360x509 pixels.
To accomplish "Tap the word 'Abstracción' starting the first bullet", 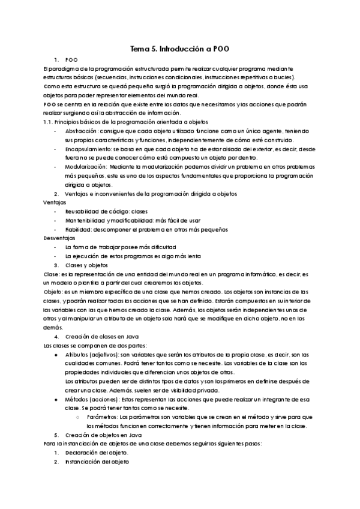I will tap(81, 131).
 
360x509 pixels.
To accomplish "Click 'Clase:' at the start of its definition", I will tap(52, 274).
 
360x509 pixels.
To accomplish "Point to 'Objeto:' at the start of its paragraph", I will tap(54, 292).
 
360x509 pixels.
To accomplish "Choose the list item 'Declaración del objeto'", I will tap(97, 453).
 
